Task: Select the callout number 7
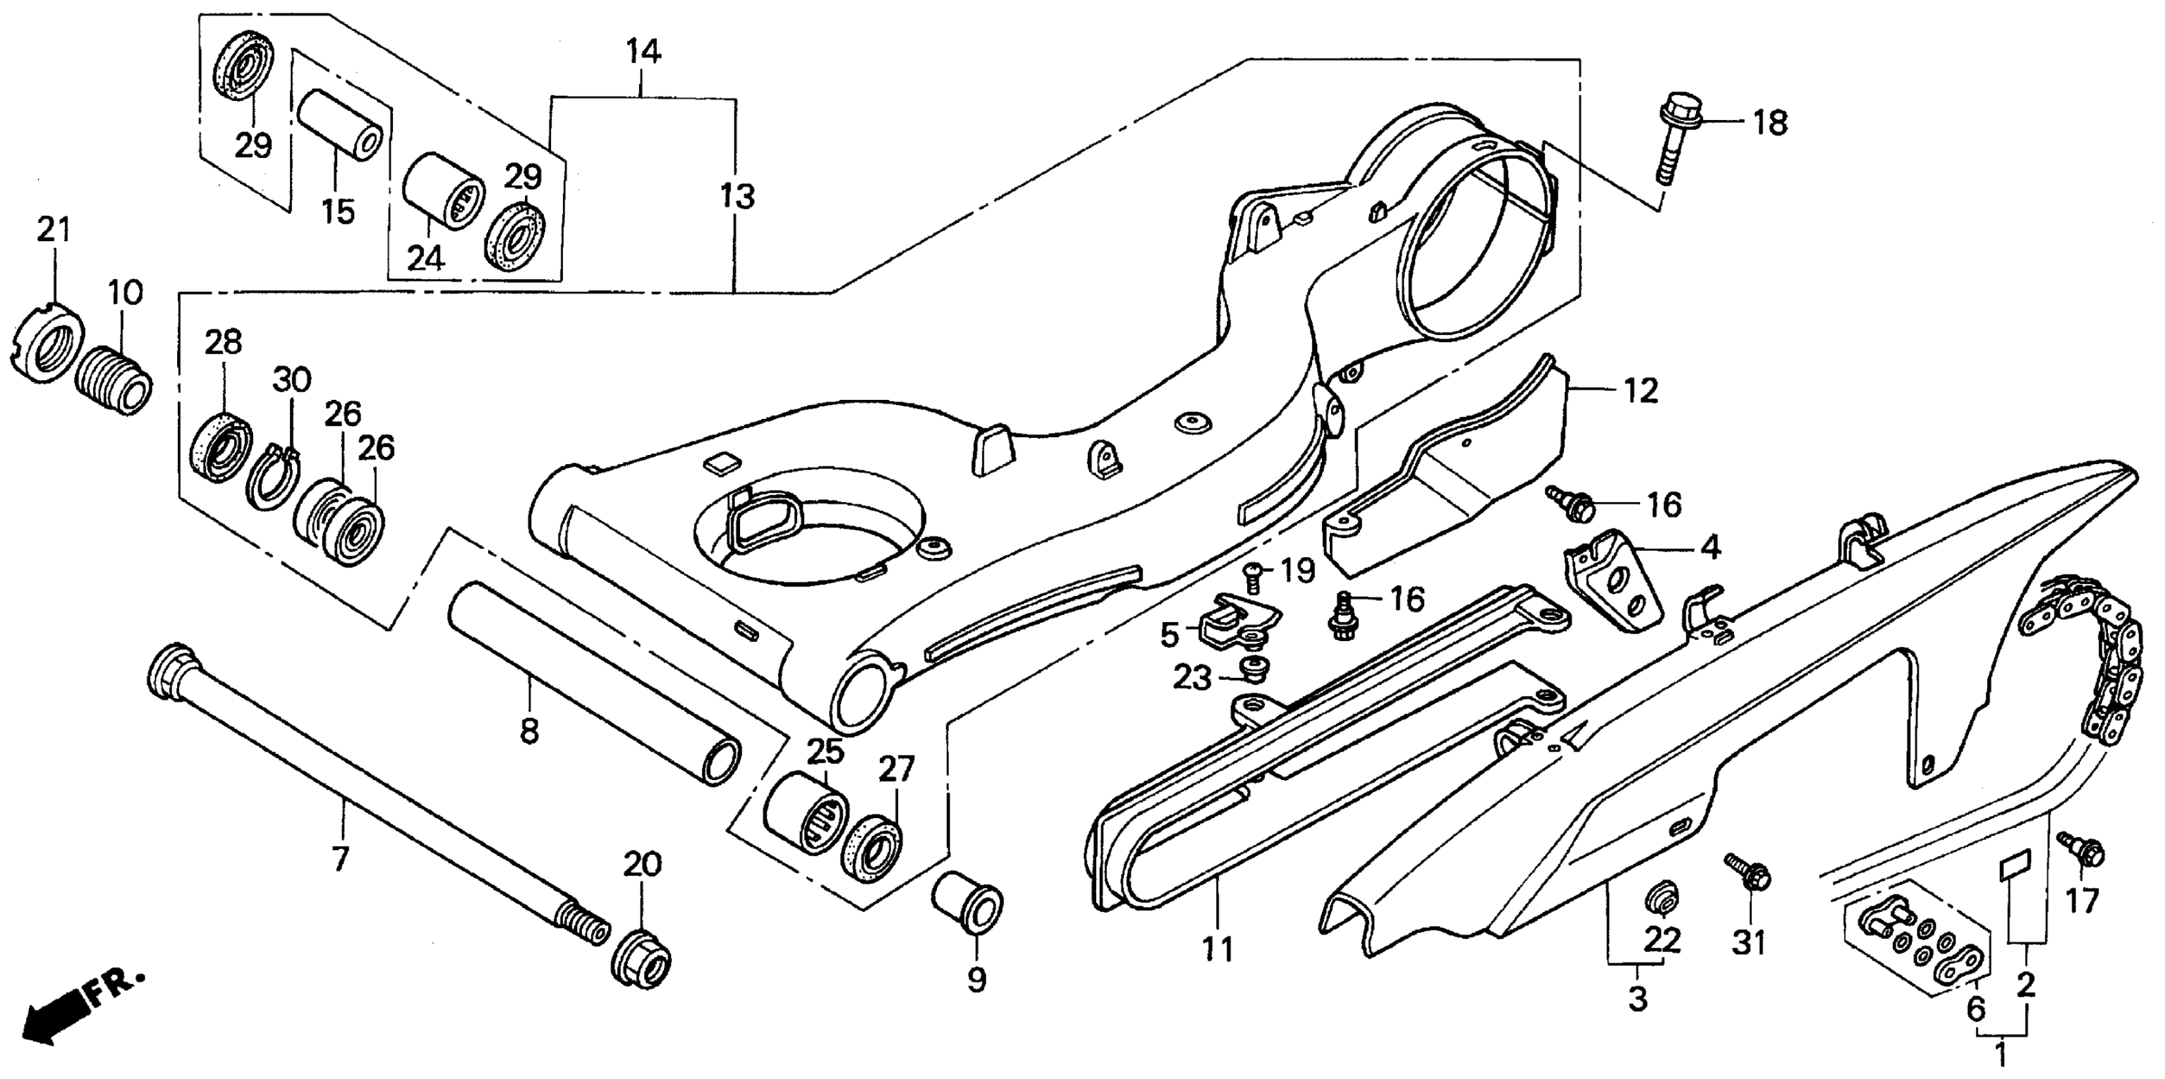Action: point(340,859)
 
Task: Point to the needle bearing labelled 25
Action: point(805,814)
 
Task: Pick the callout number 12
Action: point(1641,392)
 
